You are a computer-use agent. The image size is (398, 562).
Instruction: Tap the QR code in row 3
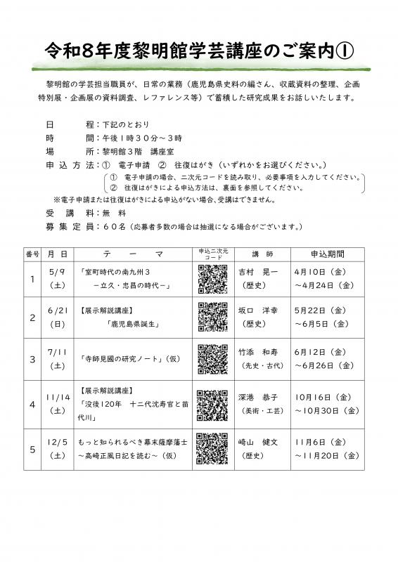(x=212, y=359)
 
